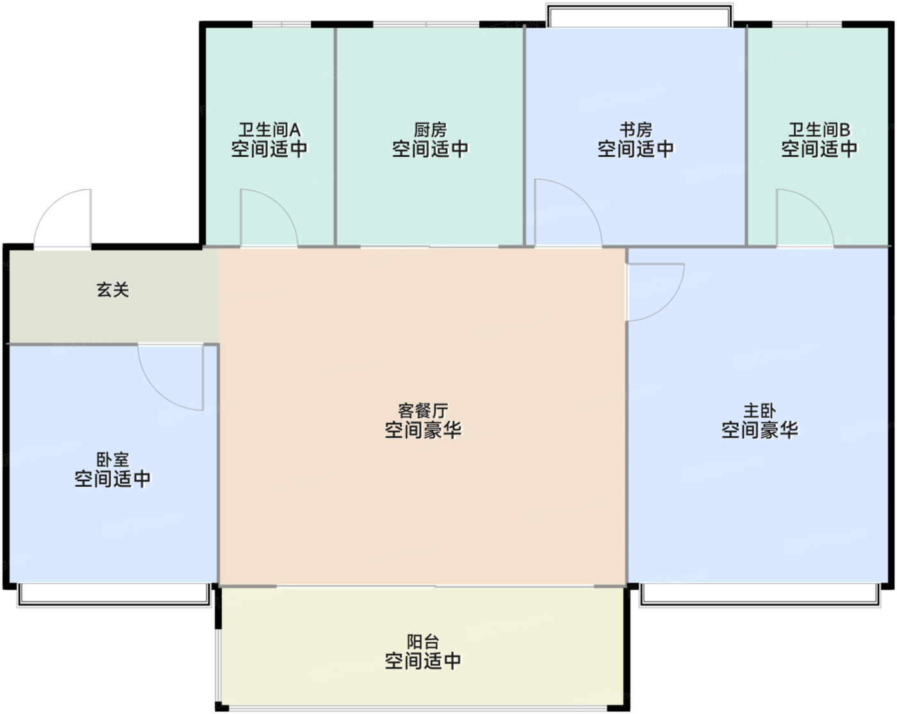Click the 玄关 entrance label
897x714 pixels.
point(113,289)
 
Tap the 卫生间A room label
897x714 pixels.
point(269,130)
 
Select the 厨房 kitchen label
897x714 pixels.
point(430,130)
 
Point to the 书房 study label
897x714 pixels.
point(636,130)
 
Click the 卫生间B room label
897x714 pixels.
point(819,130)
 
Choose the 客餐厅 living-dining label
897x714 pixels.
point(423,411)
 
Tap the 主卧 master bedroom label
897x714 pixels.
point(759,411)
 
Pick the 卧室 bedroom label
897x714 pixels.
point(113,459)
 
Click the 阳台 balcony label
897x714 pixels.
point(423,642)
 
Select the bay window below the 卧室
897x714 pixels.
point(114,595)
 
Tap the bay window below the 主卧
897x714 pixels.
point(761,595)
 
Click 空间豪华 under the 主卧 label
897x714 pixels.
point(759,430)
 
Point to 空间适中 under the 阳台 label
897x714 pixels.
point(423,661)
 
